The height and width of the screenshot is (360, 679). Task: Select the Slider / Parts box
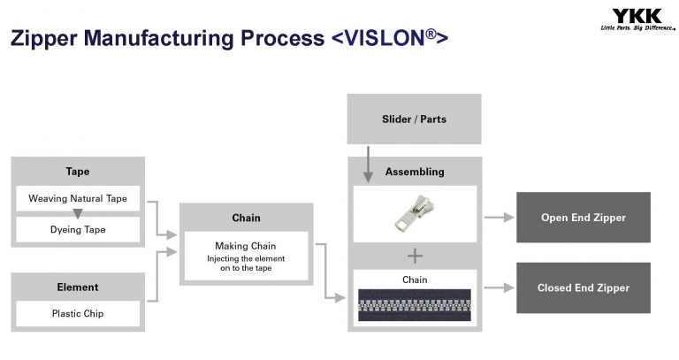tap(414, 119)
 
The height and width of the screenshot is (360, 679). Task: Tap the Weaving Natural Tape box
tap(78, 198)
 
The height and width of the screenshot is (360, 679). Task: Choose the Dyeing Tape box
tap(78, 230)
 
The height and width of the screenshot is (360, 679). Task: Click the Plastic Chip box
tap(78, 313)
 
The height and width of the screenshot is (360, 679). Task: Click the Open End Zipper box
tap(583, 218)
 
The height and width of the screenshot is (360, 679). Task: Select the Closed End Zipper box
tap(583, 287)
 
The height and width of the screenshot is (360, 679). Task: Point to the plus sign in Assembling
tap(414, 256)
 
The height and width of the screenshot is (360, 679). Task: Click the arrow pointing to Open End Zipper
tap(499, 218)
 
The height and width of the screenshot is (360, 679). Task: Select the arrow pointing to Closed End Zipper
tap(499, 287)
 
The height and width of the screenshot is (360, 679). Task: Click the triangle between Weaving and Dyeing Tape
tap(78, 214)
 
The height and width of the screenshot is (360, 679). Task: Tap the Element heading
tap(78, 287)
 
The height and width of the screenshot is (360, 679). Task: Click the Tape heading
tap(78, 172)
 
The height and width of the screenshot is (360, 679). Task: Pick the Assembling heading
tap(414, 172)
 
